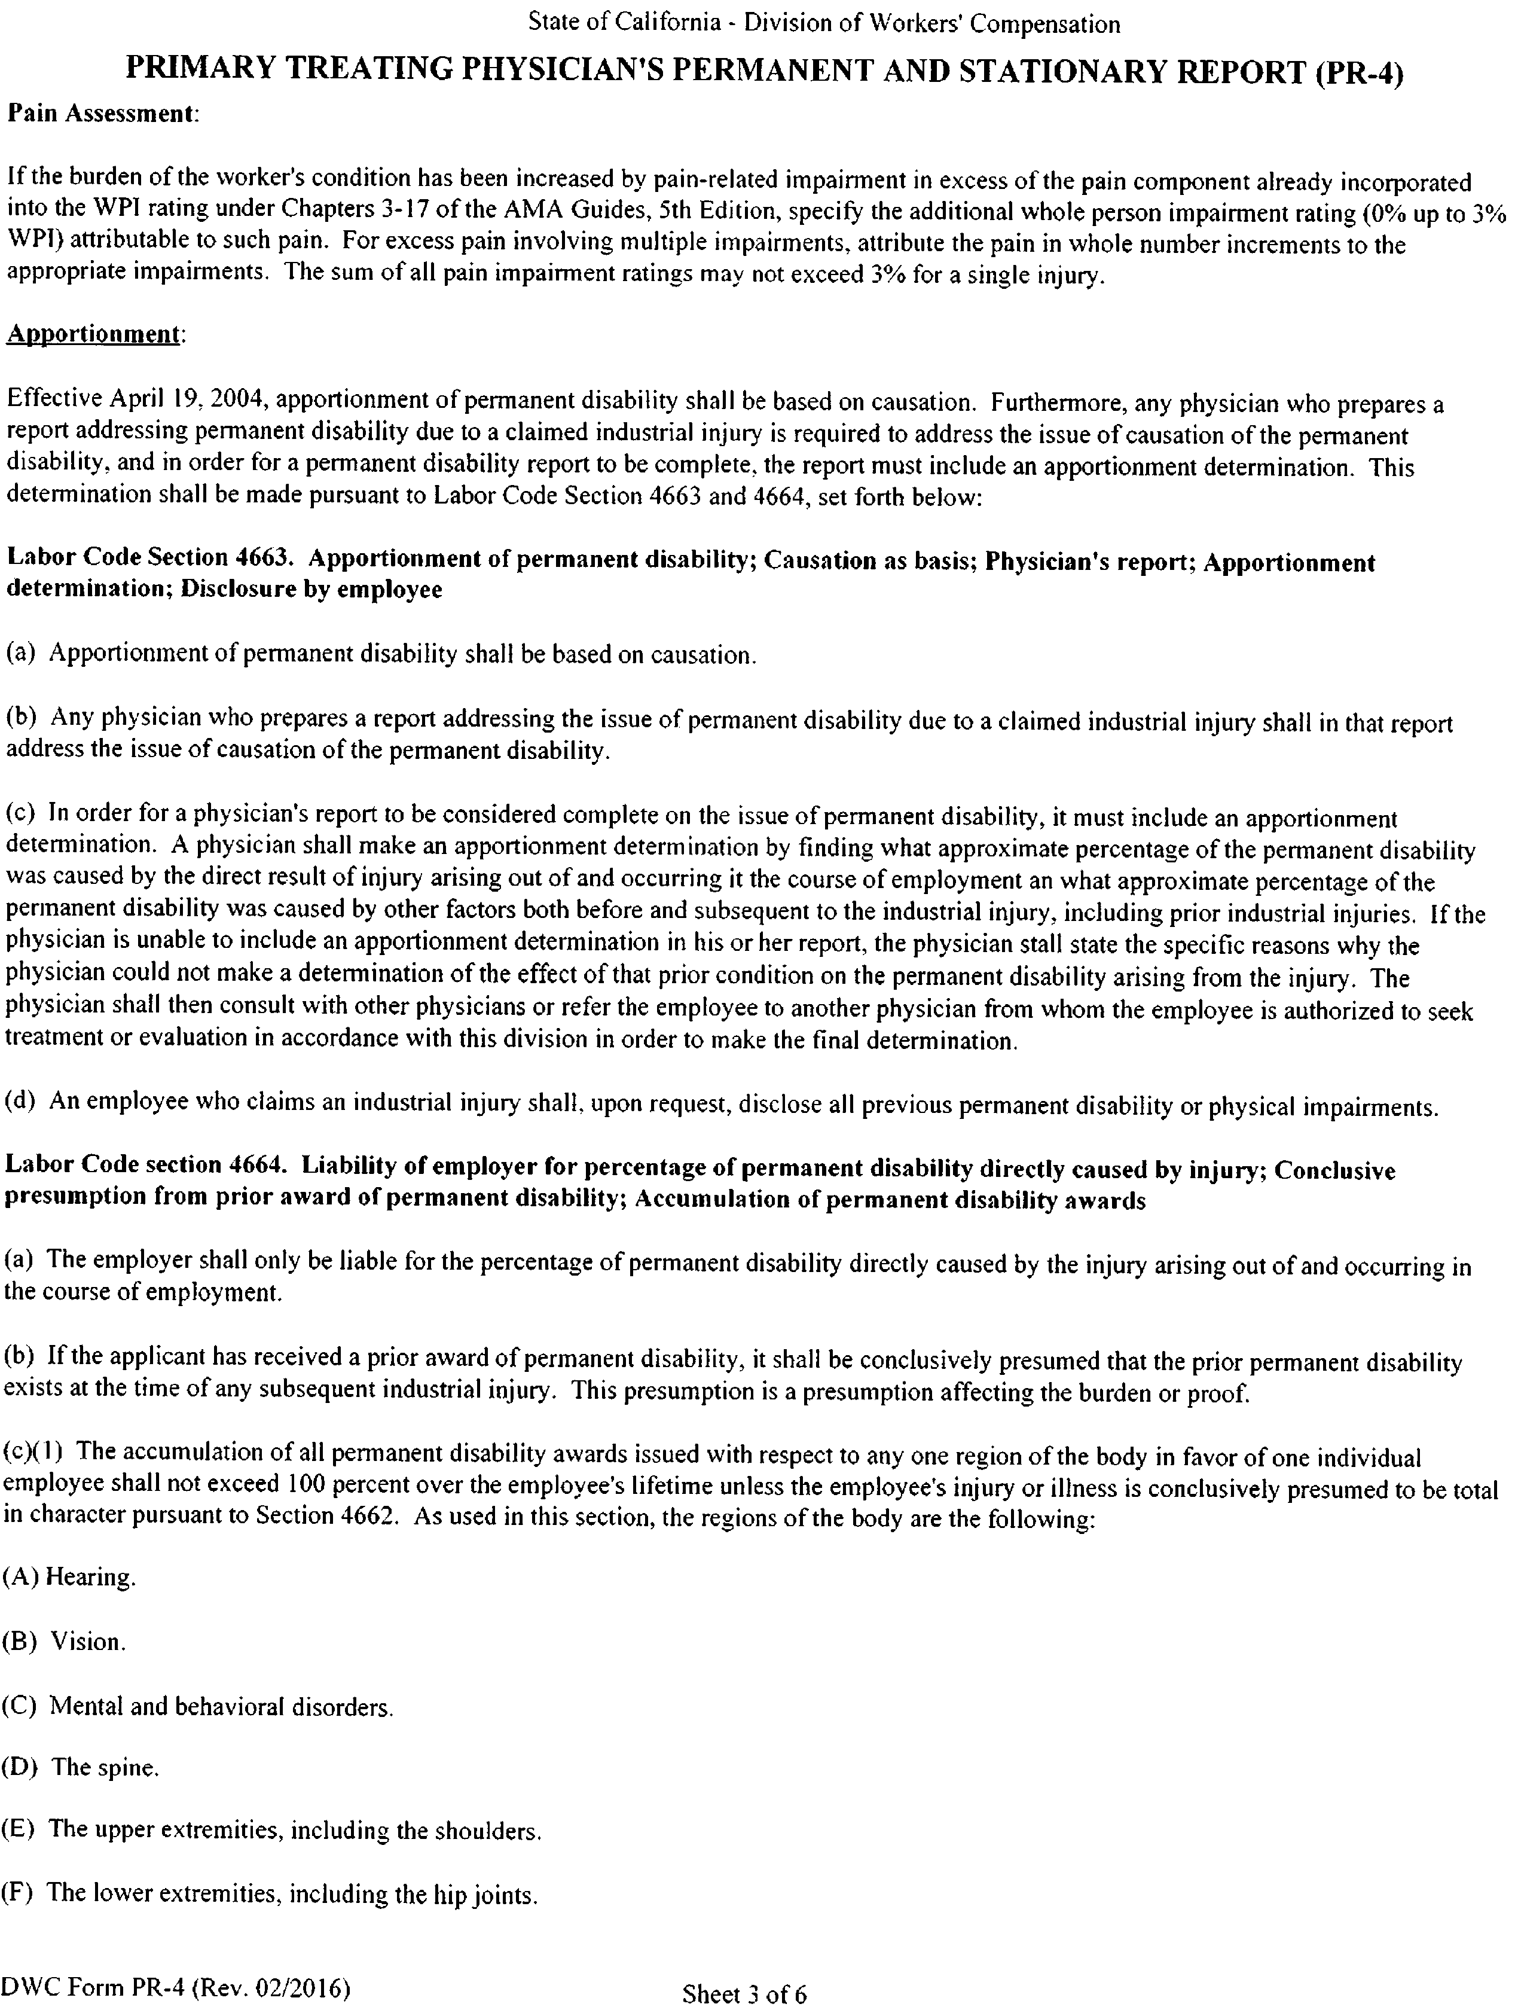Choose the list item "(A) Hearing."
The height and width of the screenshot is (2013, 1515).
(70, 1576)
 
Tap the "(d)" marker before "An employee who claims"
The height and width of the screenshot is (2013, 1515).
(21, 1102)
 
